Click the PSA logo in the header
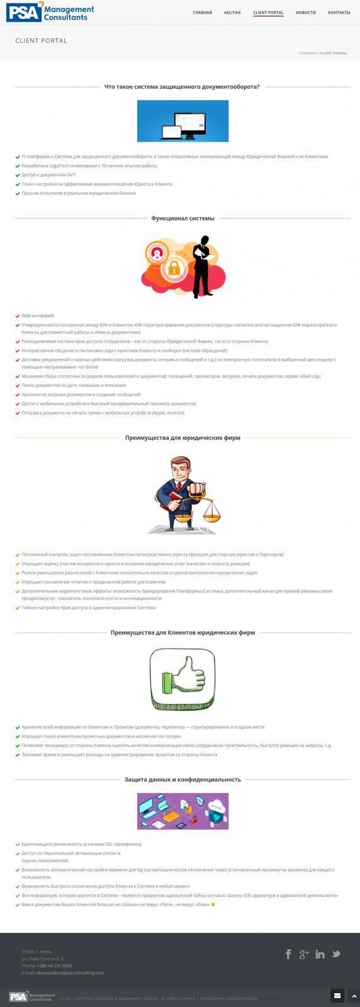pyautogui.click(x=50, y=12)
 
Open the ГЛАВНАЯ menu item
pyautogui.click(x=202, y=13)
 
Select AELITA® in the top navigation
pyautogui.click(x=232, y=13)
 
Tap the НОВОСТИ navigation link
pyautogui.click(x=305, y=13)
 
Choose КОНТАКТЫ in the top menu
pyautogui.click(x=339, y=13)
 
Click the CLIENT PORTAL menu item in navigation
pyautogui.click(x=268, y=13)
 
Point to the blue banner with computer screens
pyautogui.click(x=183, y=121)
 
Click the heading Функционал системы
pyautogui.click(x=183, y=218)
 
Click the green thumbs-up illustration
pyautogui.click(x=182, y=680)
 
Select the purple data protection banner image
pyautogui.click(x=183, y=811)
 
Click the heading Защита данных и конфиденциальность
pyautogui.click(x=183, y=779)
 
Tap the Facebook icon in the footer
pyautogui.click(x=288, y=954)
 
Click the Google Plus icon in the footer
pyautogui.click(x=304, y=954)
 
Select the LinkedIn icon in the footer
pyautogui.click(x=320, y=954)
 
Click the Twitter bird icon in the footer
pyautogui.click(x=336, y=954)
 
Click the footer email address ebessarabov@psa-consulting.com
pyautogui.click(x=70, y=972)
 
